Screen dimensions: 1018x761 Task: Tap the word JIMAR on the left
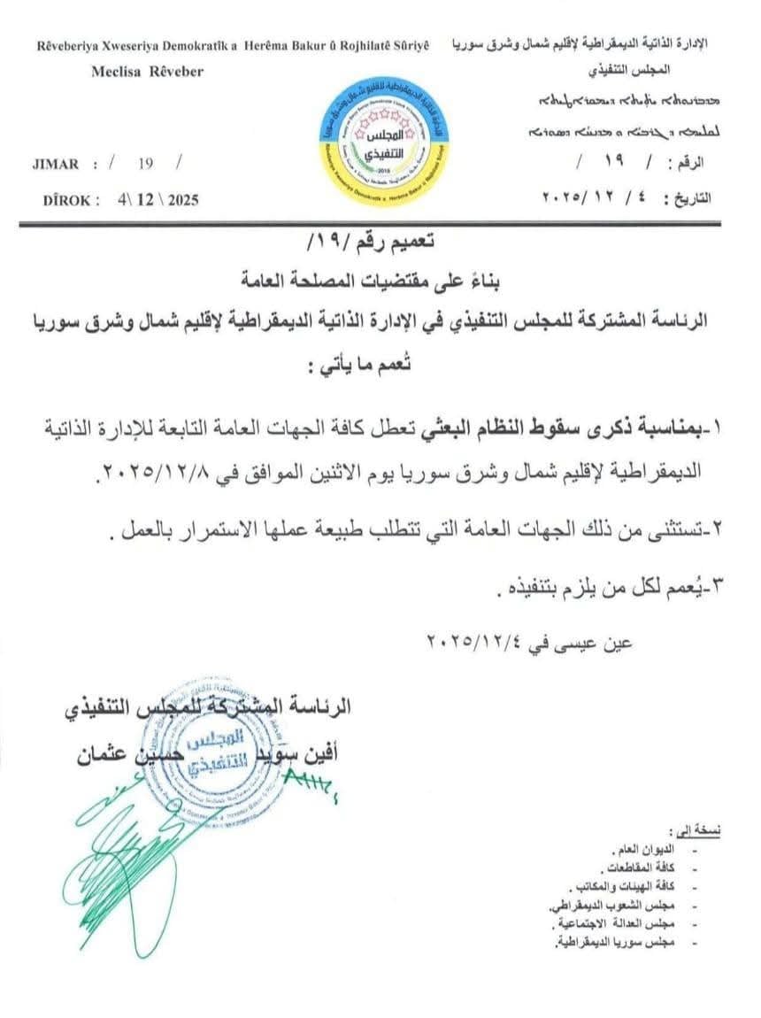point(55,164)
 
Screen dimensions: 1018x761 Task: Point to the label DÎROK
point(71,200)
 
